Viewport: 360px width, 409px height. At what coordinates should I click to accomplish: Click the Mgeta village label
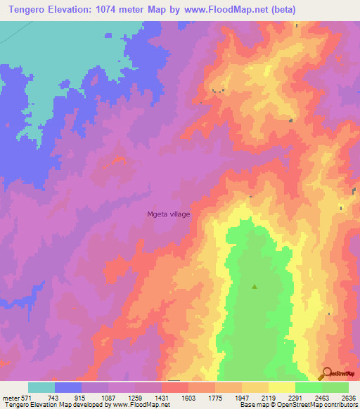168,214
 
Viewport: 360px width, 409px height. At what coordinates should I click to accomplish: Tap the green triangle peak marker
255,286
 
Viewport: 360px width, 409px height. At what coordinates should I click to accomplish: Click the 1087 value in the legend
108,398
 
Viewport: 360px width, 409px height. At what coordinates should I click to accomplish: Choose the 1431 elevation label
162,398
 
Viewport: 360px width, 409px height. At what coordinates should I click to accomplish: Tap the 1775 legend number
215,398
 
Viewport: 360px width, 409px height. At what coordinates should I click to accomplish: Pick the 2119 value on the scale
269,398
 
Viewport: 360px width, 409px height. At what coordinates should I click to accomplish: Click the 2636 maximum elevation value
348,398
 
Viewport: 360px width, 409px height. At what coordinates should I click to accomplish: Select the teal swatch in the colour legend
41,387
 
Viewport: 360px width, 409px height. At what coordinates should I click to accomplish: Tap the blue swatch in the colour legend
68,387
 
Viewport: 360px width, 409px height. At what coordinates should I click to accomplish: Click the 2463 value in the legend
322,398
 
